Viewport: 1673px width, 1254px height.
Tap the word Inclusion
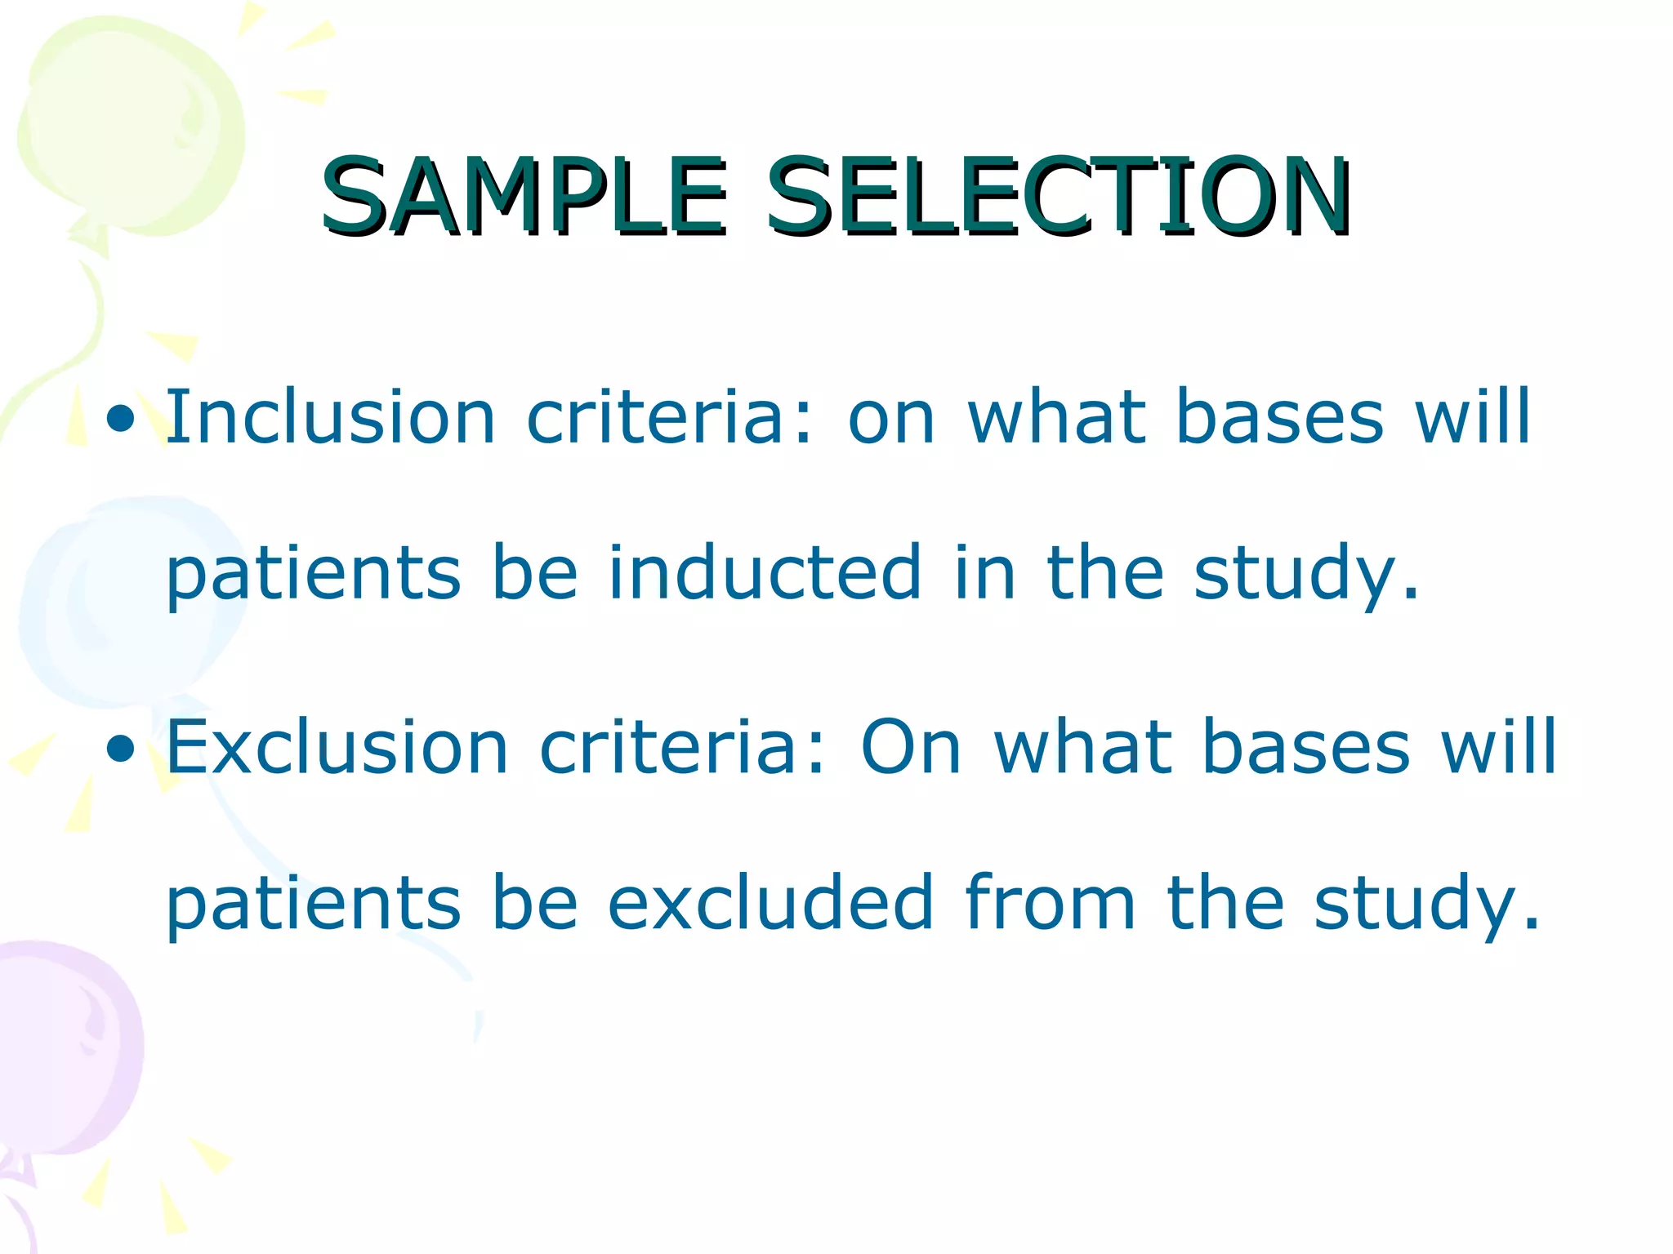pyautogui.click(x=331, y=417)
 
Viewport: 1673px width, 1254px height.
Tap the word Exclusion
pyautogui.click(x=337, y=747)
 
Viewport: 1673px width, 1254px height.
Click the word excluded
pyautogui.click(x=770, y=902)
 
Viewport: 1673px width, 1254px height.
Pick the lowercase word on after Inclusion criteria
pyautogui.click(x=891, y=419)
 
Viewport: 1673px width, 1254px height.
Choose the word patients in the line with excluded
pyautogui.click(x=314, y=904)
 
